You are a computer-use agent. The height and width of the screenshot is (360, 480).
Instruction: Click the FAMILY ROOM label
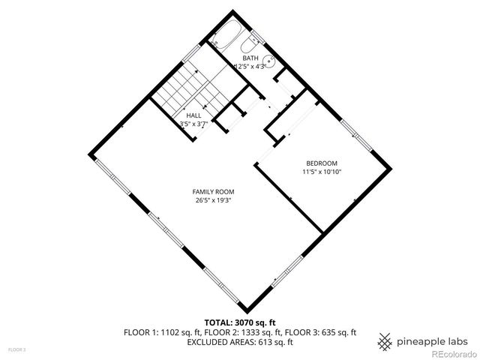(x=211, y=191)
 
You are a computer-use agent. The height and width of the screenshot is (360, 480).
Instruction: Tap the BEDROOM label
(x=321, y=163)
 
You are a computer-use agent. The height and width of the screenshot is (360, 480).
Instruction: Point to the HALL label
(x=193, y=115)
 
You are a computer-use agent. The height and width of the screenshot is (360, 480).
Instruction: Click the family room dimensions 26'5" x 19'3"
(x=211, y=200)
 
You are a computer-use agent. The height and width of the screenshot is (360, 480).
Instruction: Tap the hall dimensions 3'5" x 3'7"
(x=193, y=124)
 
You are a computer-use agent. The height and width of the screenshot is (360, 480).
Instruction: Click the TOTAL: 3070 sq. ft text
(x=239, y=322)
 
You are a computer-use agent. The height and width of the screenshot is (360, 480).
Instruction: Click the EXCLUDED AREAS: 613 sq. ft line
(x=239, y=342)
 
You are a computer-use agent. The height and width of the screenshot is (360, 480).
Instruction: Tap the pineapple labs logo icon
(x=385, y=340)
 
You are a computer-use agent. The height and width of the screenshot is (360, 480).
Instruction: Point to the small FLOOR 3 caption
(x=16, y=349)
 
